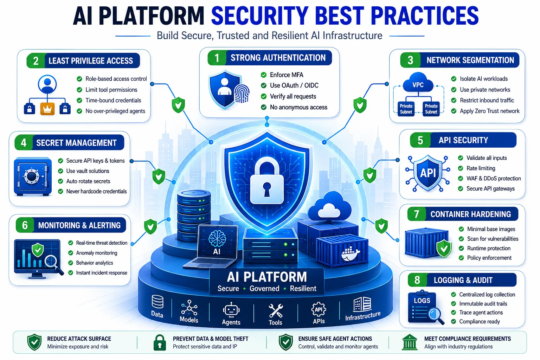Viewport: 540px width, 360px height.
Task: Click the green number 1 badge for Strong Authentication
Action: pos(217,58)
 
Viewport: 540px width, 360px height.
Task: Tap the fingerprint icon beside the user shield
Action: pos(241,94)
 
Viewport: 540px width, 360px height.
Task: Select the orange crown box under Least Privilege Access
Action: pos(47,109)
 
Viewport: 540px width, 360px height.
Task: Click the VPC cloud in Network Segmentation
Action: pos(418,83)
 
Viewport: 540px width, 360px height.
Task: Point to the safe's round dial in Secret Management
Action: pos(31,176)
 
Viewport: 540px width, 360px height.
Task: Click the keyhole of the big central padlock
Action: pos(266,189)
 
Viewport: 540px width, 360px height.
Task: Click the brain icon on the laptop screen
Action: pos(217,238)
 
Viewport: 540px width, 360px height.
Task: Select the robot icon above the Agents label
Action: pos(231,310)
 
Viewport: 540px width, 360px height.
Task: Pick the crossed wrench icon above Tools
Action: pos(276,310)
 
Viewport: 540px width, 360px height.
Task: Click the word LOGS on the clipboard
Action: pos(422,301)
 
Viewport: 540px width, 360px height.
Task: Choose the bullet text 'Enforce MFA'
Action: pos(287,75)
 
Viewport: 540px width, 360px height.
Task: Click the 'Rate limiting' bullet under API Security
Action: pos(481,168)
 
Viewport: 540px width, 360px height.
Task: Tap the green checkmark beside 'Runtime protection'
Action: pos(461,248)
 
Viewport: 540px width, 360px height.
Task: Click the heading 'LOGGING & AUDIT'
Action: pos(463,280)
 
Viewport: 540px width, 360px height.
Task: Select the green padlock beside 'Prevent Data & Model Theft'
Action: pos(160,342)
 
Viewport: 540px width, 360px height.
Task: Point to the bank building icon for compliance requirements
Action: pos(410,342)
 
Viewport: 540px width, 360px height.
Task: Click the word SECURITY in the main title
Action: pos(260,16)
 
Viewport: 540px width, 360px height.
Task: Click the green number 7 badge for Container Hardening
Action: pos(416,214)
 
